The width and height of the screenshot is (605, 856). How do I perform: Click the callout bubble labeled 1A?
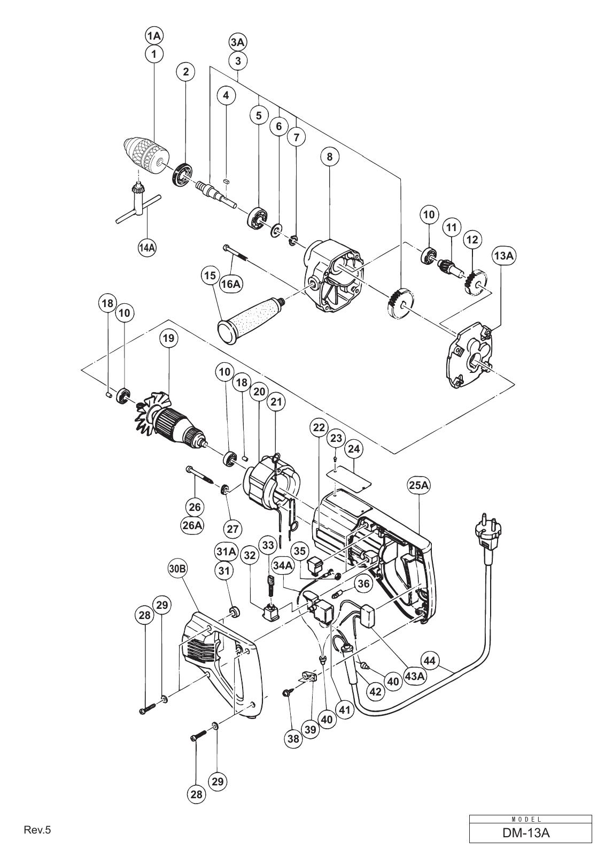point(154,36)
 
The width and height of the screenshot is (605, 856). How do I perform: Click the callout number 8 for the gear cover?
point(330,157)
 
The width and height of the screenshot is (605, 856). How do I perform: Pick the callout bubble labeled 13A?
point(503,255)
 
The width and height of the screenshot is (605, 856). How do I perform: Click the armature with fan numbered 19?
point(172,419)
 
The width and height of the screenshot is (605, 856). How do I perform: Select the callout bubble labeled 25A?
point(418,485)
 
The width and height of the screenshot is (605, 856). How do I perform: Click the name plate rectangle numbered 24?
point(349,476)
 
